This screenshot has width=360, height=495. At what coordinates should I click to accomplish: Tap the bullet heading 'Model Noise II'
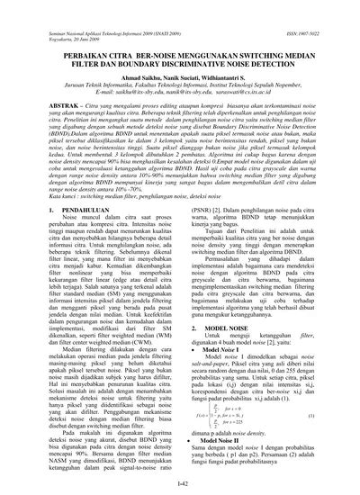pyautogui.click(x=223, y=438)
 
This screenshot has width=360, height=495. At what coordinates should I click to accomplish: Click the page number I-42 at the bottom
pyautogui.click(x=179, y=484)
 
